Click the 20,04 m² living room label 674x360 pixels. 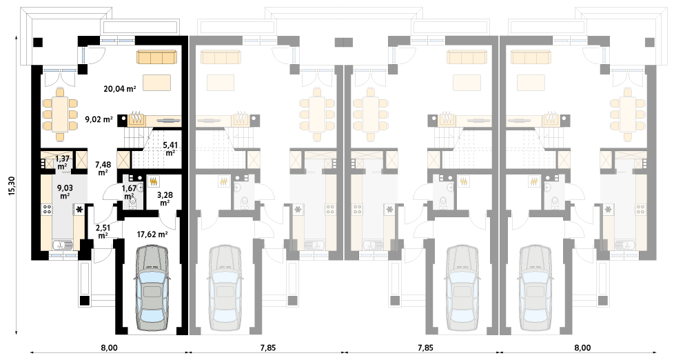(x=119, y=89)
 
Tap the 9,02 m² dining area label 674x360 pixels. (x=99, y=119)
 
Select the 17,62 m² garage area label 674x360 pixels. (x=152, y=234)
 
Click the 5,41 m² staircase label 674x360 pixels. (x=170, y=149)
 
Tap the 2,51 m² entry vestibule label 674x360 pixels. (x=103, y=232)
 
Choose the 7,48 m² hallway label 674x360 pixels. (x=103, y=168)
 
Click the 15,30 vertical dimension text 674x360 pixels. (x=12, y=186)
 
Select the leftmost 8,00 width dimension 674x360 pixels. (x=109, y=348)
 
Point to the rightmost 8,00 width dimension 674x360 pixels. (x=582, y=348)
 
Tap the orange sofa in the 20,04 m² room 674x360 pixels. (x=157, y=57)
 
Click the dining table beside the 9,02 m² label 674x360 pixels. (x=60, y=114)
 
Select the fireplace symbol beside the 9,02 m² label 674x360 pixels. (x=137, y=119)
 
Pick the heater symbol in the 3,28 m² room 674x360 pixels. (x=154, y=181)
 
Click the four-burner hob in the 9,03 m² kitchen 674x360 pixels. (x=47, y=210)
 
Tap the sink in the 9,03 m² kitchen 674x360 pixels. (x=63, y=245)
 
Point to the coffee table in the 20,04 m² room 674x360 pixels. (x=156, y=83)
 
